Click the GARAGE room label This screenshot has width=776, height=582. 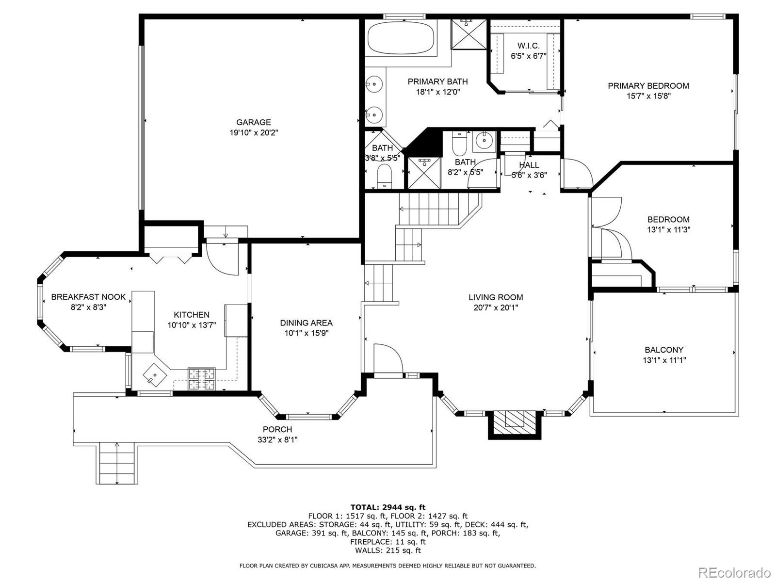[254, 122]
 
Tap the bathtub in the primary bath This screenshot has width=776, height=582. [401, 39]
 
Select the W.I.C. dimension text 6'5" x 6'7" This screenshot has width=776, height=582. [528, 56]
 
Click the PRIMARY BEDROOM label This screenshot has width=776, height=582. [648, 86]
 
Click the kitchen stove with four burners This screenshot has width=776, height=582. [202, 379]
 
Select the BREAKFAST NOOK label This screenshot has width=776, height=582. [88, 297]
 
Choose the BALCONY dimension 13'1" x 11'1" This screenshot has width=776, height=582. [664, 360]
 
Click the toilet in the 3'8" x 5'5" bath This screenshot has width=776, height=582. [385, 175]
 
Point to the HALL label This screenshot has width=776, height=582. [529, 165]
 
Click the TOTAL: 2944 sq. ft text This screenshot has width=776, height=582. [388, 507]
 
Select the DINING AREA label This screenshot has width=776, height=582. [306, 323]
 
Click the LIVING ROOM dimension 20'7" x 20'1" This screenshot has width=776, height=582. [496, 307]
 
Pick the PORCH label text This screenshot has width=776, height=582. [277, 429]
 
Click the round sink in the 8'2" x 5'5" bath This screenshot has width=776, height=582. [483, 141]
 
